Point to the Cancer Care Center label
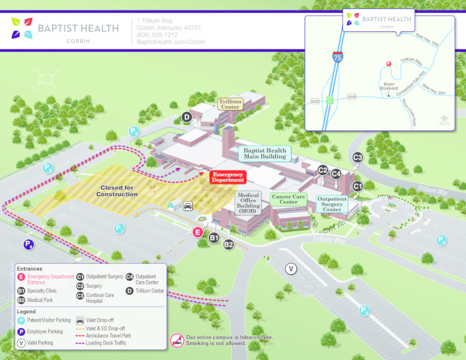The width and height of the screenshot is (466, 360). point(289,199)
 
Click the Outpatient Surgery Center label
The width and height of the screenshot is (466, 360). point(332,204)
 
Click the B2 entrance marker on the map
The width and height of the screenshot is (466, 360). point(228,245)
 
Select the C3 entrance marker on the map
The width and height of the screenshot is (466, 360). point(357,157)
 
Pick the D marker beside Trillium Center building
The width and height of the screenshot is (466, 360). point(186,117)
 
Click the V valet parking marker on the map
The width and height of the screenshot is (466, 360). point(292,268)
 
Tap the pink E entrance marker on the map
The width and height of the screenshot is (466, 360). point(198,232)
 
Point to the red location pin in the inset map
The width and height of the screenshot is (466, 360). point(389,64)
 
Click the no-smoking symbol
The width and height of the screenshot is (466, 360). point(177,340)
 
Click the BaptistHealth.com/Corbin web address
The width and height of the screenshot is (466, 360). point(171,42)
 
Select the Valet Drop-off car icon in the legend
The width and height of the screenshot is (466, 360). point(80,320)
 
